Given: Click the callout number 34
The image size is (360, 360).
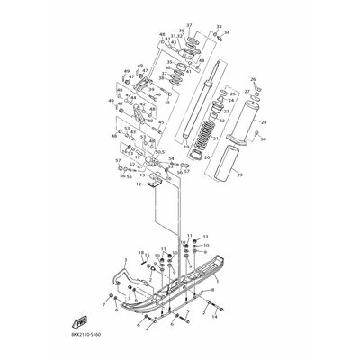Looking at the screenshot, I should point(227,34).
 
